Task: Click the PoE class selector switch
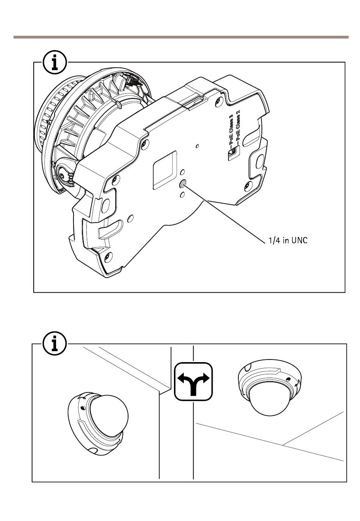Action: tap(232, 152)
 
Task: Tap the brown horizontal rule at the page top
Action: tap(181, 37)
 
